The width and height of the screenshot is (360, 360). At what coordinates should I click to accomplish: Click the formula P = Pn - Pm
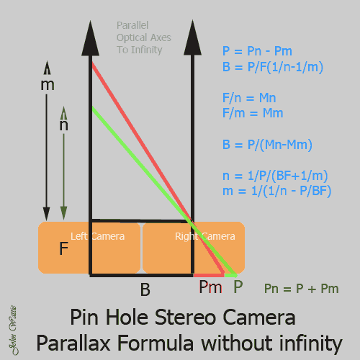click(257, 51)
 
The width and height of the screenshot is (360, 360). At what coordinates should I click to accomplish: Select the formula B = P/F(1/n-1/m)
click(273, 67)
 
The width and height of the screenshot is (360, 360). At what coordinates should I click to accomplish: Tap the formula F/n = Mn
click(249, 98)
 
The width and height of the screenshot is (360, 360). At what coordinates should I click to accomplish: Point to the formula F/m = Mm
click(253, 113)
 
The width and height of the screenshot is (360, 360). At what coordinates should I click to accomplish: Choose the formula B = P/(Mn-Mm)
click(267, 145)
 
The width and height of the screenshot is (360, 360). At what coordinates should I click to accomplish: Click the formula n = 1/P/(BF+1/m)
click(275, 176)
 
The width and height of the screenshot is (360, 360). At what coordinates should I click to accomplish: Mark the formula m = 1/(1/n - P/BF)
click(276, 191)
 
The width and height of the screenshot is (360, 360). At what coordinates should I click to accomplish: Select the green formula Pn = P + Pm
click(301, 289)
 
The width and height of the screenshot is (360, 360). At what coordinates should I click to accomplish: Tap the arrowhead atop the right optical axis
click(192, 38)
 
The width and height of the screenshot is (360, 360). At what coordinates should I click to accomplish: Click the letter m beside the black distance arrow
click(48, 85)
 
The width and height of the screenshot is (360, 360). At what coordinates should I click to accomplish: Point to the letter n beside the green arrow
click(63, 125)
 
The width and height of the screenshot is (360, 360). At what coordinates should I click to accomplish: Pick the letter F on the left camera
click(63, 248)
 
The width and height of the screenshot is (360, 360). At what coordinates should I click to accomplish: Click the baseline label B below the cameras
click(145, 289)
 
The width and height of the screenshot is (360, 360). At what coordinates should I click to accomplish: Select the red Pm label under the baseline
click(210, 287)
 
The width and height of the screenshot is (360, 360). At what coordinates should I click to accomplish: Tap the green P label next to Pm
click(238, 287)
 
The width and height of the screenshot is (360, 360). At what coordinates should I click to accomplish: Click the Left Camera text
click(97, 236)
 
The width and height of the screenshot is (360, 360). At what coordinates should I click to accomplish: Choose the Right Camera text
click(205, 236)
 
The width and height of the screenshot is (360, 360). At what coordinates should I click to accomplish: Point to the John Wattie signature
click(13, 330)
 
